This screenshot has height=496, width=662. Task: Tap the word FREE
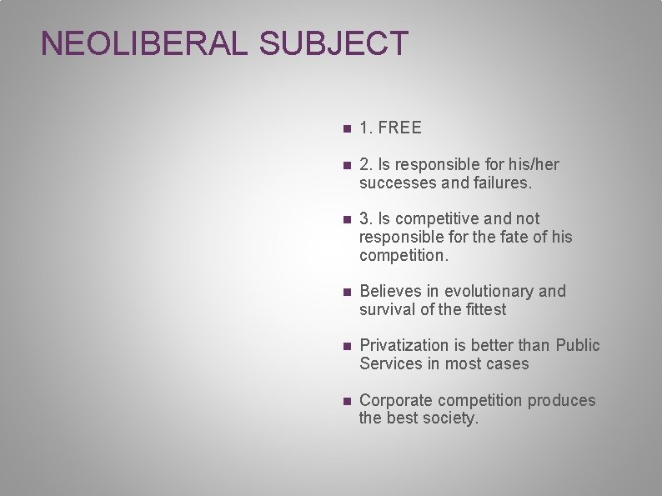tap(400, 128)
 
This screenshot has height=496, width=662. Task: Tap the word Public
tap(577, 346)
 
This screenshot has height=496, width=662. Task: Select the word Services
tap(390, 364)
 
